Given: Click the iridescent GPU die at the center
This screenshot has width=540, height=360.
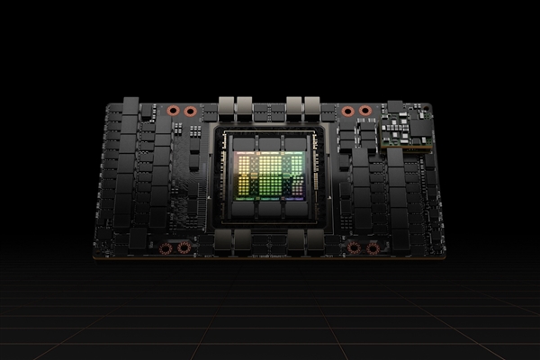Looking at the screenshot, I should coord(270,174).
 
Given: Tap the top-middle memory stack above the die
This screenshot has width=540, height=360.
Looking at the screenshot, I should coord(270,143).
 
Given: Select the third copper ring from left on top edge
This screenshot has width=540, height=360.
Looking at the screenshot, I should coord(347,112).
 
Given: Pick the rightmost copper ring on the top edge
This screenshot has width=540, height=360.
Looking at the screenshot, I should coord(365,112).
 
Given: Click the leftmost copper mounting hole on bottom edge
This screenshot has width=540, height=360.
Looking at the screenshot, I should coord(165,247).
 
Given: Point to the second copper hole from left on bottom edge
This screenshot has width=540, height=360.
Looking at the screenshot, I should coord(184,247).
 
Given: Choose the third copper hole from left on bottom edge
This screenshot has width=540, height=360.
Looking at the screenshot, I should coord(354,247).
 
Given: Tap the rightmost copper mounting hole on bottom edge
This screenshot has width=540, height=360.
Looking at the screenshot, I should coord(373,247).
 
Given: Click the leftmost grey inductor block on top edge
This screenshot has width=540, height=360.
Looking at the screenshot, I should coord(227,105).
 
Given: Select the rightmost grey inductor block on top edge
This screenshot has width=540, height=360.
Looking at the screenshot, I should coord(314,105).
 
